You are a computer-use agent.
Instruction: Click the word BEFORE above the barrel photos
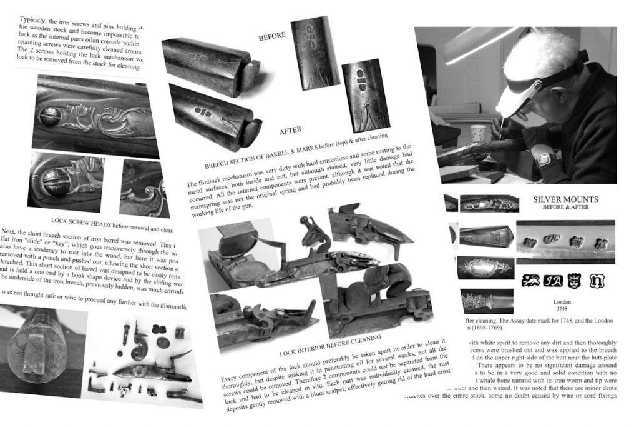tap(272, 36)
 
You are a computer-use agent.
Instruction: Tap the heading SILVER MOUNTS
tap(565, 199)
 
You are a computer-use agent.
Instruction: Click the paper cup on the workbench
tap(478, 133)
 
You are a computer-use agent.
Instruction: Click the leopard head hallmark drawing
tap(575, 280)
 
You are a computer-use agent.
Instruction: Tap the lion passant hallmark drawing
tap(530, 280)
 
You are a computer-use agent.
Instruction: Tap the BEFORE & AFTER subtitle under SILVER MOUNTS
tap(565, 208)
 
